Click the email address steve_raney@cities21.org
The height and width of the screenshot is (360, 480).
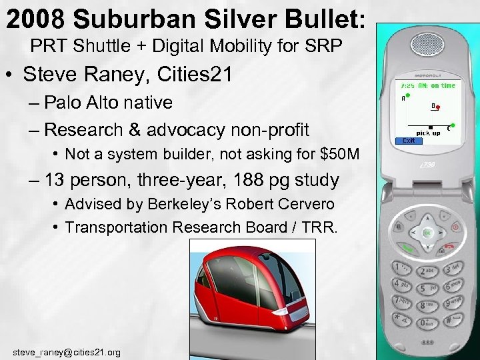(x=67, y=351)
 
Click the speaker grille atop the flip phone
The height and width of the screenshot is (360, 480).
(x=427, y=45)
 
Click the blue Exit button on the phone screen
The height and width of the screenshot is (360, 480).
(x=409, y=141)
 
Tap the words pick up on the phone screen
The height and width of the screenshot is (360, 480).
(x=428, y=133)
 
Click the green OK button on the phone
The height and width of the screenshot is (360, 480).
(x=425, y=233)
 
